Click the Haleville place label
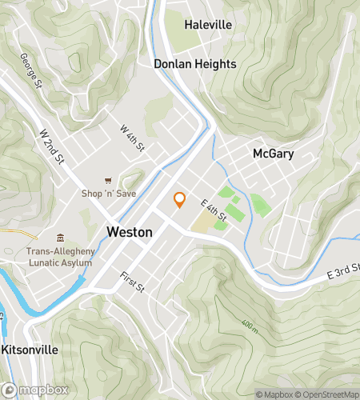[208, 25]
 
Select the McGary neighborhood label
[274, 154]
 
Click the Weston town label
[130, 231]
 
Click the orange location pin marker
[180, 200]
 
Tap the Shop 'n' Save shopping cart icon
[108, 181]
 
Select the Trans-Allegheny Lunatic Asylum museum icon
[61, 238]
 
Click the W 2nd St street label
[52, 147]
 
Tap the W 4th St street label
[132, 138]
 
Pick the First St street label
[131, 282]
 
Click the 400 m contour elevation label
[250, 328]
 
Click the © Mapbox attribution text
[274, 394]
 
